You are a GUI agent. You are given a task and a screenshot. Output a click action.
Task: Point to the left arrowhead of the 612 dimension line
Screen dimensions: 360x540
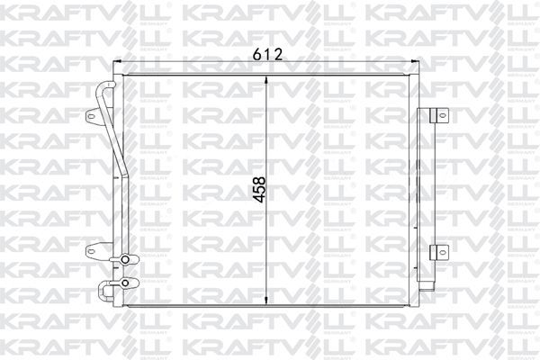[125, 67]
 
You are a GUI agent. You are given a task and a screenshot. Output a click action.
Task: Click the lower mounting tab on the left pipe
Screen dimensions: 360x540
[93, 253]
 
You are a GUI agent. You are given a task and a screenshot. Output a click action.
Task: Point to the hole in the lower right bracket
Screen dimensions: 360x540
[440, 252]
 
